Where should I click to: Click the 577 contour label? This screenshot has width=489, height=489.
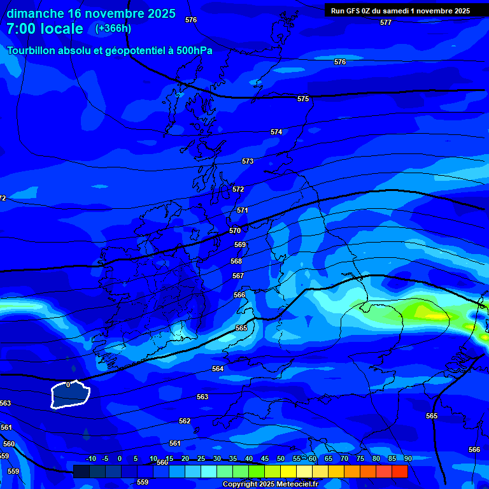point(386,22)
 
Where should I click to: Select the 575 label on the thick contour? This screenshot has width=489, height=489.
point(303,99)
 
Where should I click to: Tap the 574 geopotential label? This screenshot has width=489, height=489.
point(276,132)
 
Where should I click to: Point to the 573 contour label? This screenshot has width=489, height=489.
point(248,161)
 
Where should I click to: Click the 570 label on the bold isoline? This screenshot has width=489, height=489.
point(235,230)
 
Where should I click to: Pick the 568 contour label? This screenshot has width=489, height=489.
point(236,261)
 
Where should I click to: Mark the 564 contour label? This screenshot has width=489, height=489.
point(218,369)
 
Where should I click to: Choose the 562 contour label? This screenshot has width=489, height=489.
point(185,421)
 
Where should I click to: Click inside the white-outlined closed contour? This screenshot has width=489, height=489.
point(70,396)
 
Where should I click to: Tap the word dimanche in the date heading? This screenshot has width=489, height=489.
point(35,13)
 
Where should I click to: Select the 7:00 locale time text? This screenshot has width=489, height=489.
point(45,29)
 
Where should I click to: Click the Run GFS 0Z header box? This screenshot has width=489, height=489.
point(400,10)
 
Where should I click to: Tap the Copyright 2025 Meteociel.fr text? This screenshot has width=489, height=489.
point(270,485)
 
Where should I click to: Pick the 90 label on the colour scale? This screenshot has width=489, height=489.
point(407,458)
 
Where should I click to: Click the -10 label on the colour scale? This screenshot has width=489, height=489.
point(90,458)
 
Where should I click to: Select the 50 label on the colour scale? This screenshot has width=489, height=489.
point(281,458)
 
